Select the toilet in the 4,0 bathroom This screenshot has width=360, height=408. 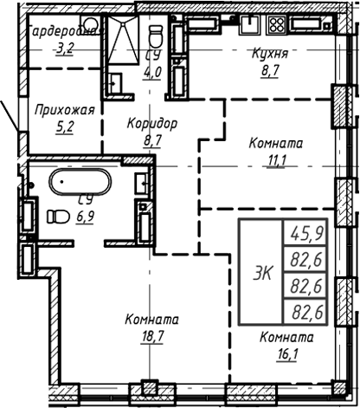156,36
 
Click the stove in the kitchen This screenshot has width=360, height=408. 278,25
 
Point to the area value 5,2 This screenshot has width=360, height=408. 63,126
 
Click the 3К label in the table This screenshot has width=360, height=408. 260,273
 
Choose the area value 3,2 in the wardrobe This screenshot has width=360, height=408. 64,49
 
